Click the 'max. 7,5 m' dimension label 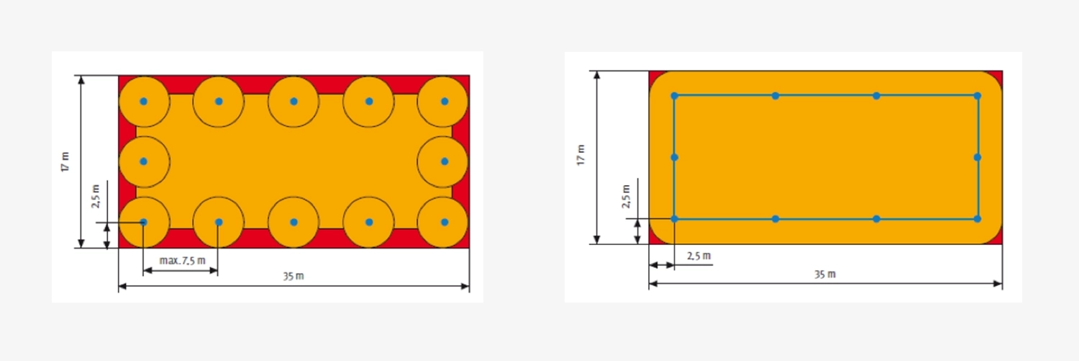(182, 261)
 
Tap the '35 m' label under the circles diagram (293, 276)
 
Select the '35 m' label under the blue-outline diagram (824, 274)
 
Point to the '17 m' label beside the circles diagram (65, 161)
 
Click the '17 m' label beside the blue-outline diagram (581, 155)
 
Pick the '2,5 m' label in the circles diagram (96, 196)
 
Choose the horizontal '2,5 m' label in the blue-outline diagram (698, 256)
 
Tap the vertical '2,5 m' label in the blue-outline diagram (626, 196)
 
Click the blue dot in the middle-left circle (144, 161)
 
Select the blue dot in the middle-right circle (445, 161)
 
